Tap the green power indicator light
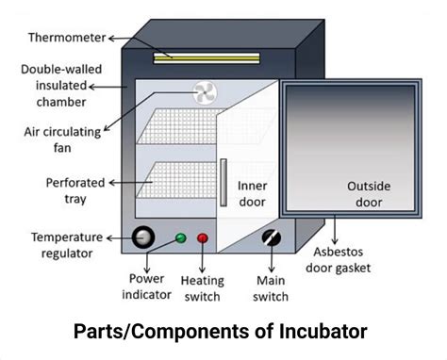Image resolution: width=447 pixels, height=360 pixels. (x=180, y=237)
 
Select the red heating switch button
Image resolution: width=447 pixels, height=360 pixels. (x=202, y=237)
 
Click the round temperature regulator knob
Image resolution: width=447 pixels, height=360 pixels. (x=144, y=237)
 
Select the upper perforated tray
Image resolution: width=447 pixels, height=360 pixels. (x=179, y=126)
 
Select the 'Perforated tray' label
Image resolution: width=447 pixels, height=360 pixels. (x=62, y=190)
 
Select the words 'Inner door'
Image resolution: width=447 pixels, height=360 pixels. (x=252, y=193)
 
